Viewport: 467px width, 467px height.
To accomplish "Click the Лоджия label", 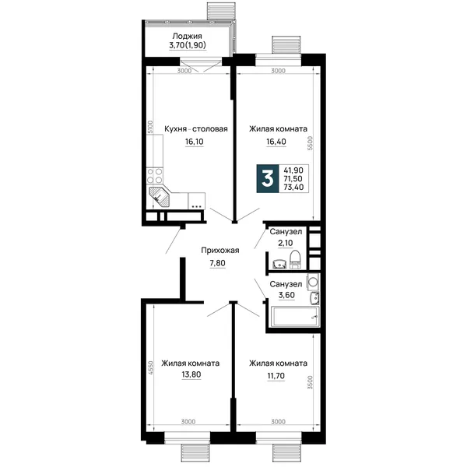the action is [x=187, y=36].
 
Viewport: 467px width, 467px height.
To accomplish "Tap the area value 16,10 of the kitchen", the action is [x=194, y=142].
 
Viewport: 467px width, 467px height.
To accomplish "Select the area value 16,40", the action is [x=276, y=142].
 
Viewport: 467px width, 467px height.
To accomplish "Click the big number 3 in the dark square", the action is [x=268, y=179].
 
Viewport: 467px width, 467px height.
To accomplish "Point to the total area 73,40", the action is [x=293, y=187].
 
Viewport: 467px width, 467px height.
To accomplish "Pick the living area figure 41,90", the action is [x=293, y=170].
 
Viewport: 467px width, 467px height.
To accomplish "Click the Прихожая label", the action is [x=220, y=251].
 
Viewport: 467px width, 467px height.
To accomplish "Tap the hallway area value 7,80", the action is [x=217, y=263].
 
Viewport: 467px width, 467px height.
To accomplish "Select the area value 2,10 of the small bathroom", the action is [x=286, y=243].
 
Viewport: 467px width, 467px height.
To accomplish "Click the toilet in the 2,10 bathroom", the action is [x=295, y=259].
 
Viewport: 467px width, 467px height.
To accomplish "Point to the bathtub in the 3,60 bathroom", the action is [x=295, y=316].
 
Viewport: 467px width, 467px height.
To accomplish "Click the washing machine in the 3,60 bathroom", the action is [x=313, y=282].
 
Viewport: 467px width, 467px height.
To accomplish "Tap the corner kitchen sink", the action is [x=159, y=198].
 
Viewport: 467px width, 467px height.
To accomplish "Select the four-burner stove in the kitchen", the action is [x=155, y=176].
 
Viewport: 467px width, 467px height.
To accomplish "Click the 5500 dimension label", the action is [x=311, y=143].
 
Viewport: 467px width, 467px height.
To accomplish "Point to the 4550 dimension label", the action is [x=151, y=367].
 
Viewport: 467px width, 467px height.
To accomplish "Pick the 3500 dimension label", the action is [x=311, y=382].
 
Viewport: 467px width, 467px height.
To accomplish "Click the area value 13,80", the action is [x=191, y=374].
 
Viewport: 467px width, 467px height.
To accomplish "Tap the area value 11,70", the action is [x=276, y=376].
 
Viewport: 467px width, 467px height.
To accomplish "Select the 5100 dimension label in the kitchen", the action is [x=150, y=127].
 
